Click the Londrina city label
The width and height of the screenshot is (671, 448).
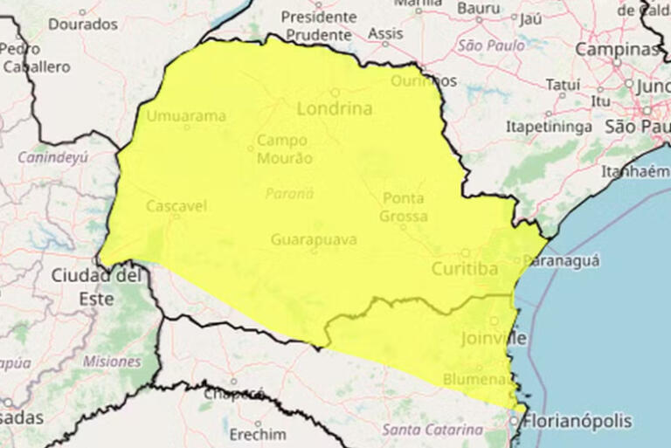(x=334, y=109)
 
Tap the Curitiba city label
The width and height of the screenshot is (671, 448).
(x=465, y=269)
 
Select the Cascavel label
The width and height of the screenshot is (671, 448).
(x=176, y=206)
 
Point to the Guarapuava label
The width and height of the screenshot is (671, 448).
(x=313, y=238)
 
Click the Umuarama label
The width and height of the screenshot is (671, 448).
(x=186, y=115)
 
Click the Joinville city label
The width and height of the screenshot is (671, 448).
(x=493, y=338)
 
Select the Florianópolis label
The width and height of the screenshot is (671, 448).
(x=577, y=421)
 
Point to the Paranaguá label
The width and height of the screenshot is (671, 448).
(x=562, y=259)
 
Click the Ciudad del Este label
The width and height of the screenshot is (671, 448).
(x=95, y=286)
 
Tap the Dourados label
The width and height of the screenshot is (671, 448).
(x=82, y=24)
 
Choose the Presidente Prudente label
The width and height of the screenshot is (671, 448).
(x=318, y=25)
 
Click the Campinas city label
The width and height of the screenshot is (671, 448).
(x=616, y=49)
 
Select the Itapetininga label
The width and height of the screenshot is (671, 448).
(x=549, y=127)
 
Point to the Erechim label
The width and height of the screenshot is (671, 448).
(x=258, y=434)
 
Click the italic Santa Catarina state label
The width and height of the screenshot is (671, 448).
(x=432, y=430)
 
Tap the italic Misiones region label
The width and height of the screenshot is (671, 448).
(x=112, y=361)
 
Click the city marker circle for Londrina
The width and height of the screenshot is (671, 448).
(x=335, y=92)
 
